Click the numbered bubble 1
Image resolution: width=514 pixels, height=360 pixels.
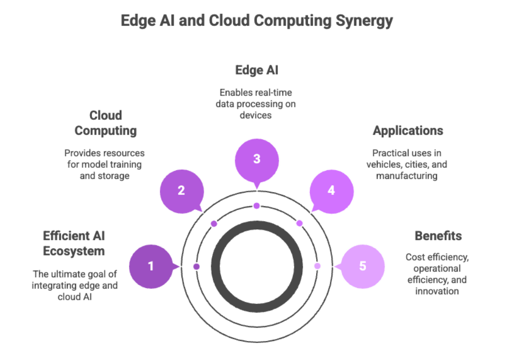point(151,266)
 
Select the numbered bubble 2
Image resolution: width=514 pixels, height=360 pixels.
point(181,190)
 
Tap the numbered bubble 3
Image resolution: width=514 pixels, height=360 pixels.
point(256,159)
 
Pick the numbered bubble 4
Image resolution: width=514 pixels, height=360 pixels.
point(332,190)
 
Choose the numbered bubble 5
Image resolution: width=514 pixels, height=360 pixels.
point(362,266)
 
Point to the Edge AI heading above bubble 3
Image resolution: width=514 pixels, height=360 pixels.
point(256,70)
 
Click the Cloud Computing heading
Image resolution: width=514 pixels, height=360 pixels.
point(105,123)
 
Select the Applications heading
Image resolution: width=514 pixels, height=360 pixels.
point(408,131)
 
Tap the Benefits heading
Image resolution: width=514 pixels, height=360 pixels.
point(438,236)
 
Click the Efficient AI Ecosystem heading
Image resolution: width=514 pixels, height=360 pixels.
point(74,243)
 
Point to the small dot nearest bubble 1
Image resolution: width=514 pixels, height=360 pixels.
point(196,266)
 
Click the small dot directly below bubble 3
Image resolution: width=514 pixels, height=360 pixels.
point(256,206)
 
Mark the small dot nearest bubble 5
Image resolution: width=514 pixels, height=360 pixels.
point(317,266)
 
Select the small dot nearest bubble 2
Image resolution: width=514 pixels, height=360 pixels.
point(214,223)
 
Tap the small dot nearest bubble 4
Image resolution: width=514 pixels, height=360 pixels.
point(299,223)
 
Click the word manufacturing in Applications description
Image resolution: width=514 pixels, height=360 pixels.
point(408,175)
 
